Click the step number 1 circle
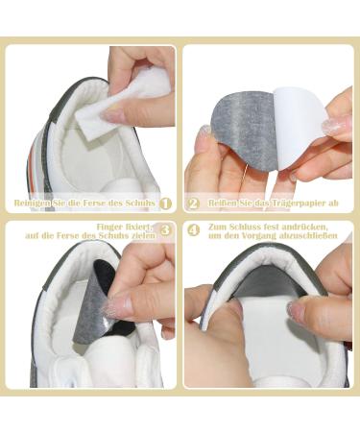165,204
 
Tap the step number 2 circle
193,204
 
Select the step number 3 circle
165,230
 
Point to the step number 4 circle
193,230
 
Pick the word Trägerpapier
293,204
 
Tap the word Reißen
221,204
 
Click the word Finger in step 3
113,225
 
